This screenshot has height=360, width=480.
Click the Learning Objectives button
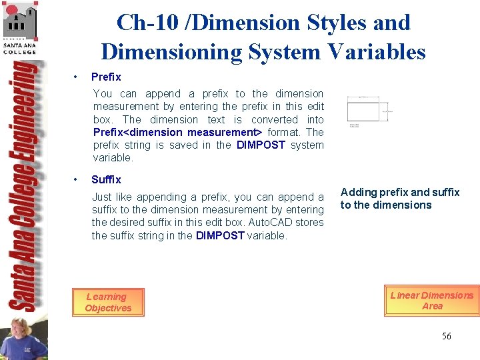pos(107,303)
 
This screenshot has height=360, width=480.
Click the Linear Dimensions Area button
pos(431,301)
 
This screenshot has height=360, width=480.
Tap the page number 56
pos(446,336)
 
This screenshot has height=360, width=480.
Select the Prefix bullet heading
pos(106,77)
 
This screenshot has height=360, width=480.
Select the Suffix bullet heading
pos(106,180)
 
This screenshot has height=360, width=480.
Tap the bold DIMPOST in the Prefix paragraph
pos(261,145)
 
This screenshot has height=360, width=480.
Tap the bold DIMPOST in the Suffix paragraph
pos(220,236)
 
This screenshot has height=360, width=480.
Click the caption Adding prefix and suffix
pos(400,193)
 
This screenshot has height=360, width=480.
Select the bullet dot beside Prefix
pos(77,77)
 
